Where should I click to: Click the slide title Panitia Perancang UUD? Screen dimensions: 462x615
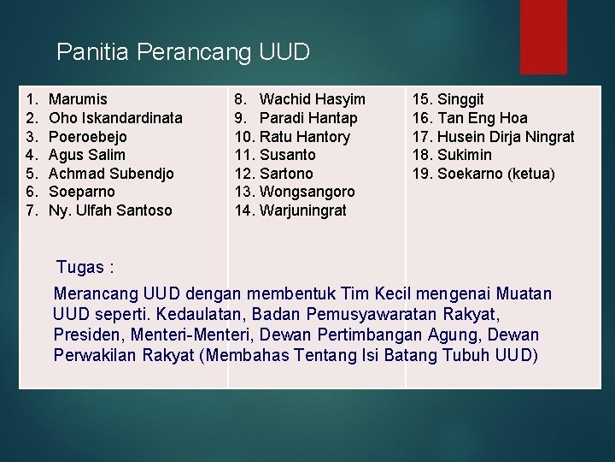click(x=183, y=52)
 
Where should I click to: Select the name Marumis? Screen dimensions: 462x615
click(x=79, y=99)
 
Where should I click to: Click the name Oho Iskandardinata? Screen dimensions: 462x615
click(x=115, y=118)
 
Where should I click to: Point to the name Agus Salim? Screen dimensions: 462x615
click(x=87, y=155)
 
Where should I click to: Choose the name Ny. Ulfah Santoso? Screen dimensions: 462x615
click(x=110, y=210)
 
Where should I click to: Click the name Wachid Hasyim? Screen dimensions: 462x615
click(x=312, y=99)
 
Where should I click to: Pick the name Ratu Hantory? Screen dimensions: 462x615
click(x=304, y=137)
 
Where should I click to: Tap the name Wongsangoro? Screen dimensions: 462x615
click(x=307, y=192)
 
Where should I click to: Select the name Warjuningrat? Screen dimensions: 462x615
click(x=302, y=210)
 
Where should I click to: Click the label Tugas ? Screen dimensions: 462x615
click(x=85, y=267)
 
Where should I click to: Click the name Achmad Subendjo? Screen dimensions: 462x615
click(x=111, y=174)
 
